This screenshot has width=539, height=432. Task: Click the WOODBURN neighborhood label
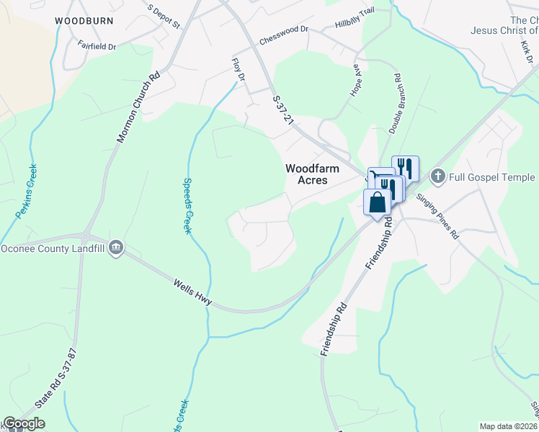84,21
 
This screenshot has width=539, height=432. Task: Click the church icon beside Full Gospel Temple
437,176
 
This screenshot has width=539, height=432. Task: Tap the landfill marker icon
116,249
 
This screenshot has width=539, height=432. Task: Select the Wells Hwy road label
192,293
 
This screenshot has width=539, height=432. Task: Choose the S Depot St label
164,17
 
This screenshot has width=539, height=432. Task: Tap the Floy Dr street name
238,71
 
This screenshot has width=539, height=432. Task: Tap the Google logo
24,423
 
